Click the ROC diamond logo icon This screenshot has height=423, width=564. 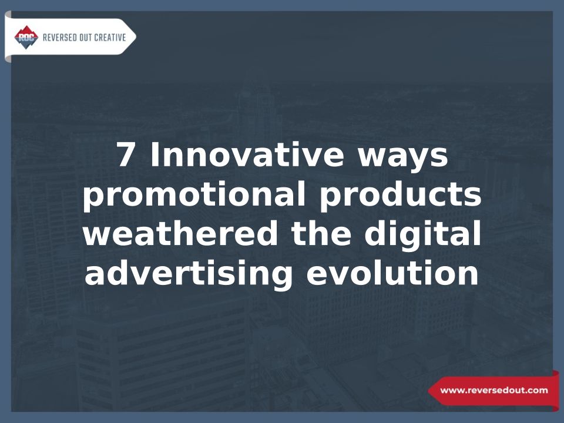[x=26, y=38]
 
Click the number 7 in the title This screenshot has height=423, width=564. [x=126, y=155]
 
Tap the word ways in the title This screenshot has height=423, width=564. [x=402, y=158]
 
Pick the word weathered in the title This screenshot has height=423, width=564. [x=180, y=233]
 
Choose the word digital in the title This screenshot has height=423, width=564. [x=422, y=235]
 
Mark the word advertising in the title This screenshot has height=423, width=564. [x=189, y=274]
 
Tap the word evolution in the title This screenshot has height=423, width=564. [x=392, y=272]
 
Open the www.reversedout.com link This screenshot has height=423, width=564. [x=494, y=390]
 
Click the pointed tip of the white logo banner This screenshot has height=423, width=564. [x=136, y=36]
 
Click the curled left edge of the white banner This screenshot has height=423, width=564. [x=8, y=36]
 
